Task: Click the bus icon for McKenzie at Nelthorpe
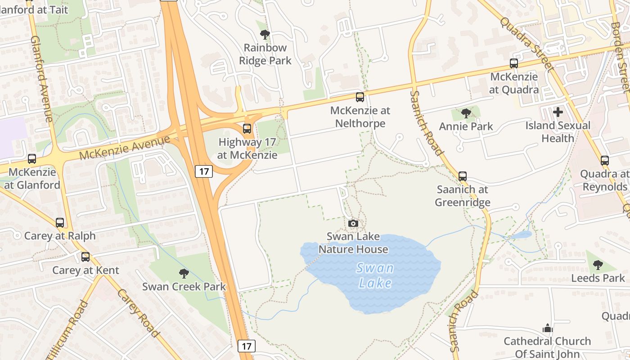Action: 360,97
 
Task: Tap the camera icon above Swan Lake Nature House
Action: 353,223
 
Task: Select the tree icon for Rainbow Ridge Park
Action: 265,34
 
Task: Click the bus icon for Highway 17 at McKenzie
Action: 247,129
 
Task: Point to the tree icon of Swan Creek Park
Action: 184,273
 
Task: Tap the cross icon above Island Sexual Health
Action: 558,112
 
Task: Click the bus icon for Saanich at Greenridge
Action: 462,176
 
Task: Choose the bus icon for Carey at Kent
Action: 85,257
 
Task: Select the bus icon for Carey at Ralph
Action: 59,222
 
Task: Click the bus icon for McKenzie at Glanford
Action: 31,159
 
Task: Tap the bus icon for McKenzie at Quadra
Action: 513,63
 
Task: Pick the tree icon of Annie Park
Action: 466,113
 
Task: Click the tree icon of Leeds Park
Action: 598,265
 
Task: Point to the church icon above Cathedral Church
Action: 547,328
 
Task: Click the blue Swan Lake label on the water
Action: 375,275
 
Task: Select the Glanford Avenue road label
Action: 41,79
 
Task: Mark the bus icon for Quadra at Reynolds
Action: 604,160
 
